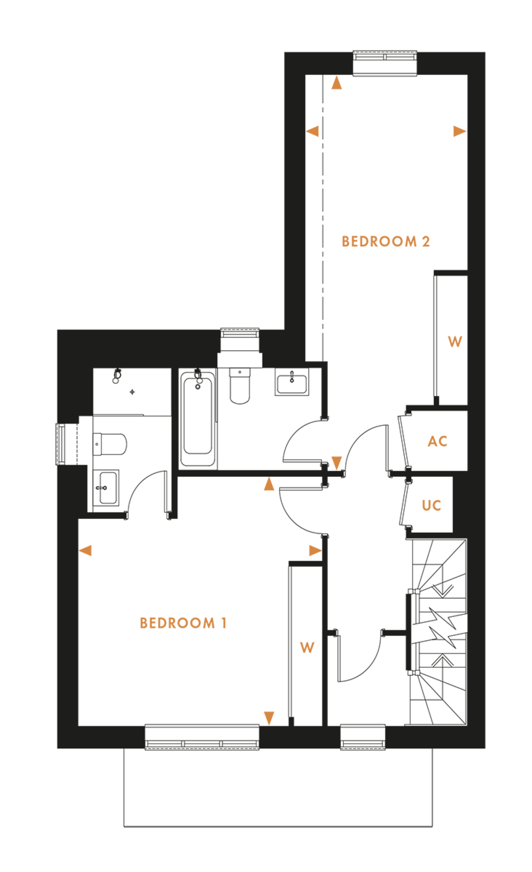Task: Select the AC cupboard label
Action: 438,441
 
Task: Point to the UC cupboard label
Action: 431,505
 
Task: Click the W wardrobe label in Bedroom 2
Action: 455,342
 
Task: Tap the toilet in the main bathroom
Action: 240,386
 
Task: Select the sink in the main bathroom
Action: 292,382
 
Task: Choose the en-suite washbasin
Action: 106,488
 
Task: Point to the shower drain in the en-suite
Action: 132,392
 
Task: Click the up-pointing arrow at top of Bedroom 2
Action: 336,83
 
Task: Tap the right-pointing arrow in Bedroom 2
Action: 459,131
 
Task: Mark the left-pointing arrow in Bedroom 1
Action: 85,550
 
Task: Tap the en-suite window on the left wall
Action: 60,444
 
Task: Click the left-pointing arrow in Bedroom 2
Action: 312,131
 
